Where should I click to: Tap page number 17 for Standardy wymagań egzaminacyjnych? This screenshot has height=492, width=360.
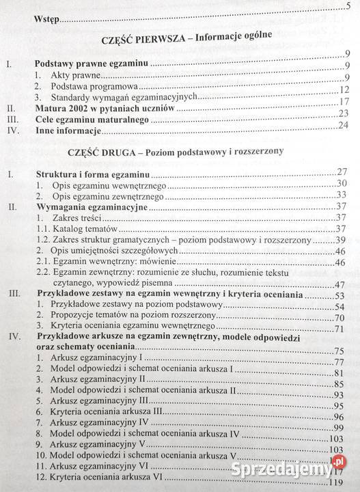pos(344,102)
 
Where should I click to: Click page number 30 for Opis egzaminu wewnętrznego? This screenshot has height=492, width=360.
pos(342,184)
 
